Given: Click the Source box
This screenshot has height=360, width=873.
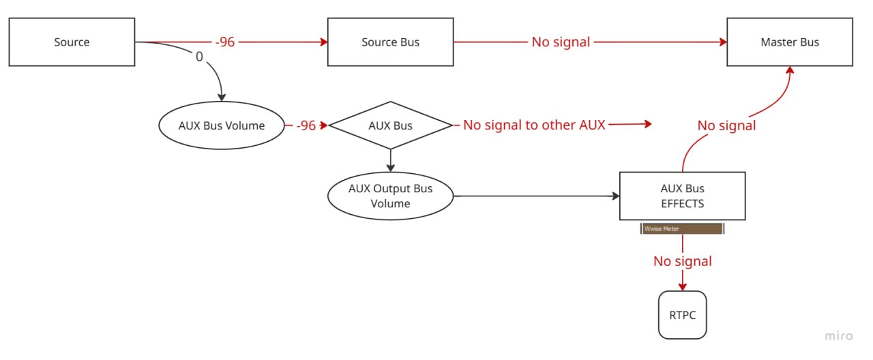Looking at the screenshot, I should coord(72,42).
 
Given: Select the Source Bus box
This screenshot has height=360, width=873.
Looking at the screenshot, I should coord(390,42).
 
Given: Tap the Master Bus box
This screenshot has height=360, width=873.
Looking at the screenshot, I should coord(790,42).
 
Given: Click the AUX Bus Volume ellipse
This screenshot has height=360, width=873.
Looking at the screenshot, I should coord(222,125).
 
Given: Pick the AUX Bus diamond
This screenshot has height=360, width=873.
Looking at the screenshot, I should coord(390,125).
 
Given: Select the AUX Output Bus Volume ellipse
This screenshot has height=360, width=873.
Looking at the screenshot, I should coord(390,196).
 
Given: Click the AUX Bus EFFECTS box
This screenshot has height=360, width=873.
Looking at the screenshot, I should coord(682,196).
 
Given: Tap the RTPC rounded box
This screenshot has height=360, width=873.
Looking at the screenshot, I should coord(682,314).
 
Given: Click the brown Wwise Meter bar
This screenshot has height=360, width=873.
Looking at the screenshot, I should coord(682,229).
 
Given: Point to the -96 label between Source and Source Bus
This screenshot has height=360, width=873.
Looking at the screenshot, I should coord(225,42).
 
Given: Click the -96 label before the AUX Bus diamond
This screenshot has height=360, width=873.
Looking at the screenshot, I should coord(306,125).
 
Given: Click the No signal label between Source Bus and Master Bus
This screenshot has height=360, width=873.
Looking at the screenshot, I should coord(561,42).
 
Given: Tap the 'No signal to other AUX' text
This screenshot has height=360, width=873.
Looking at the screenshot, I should coord(534,125).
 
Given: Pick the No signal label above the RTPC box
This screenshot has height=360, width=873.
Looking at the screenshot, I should coord(682,261).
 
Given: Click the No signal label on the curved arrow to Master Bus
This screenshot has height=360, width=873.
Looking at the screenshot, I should coord(726,125).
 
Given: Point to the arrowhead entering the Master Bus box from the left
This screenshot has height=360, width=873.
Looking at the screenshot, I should coord(722,42).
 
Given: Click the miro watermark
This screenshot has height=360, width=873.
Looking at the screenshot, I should coord(839,336).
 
